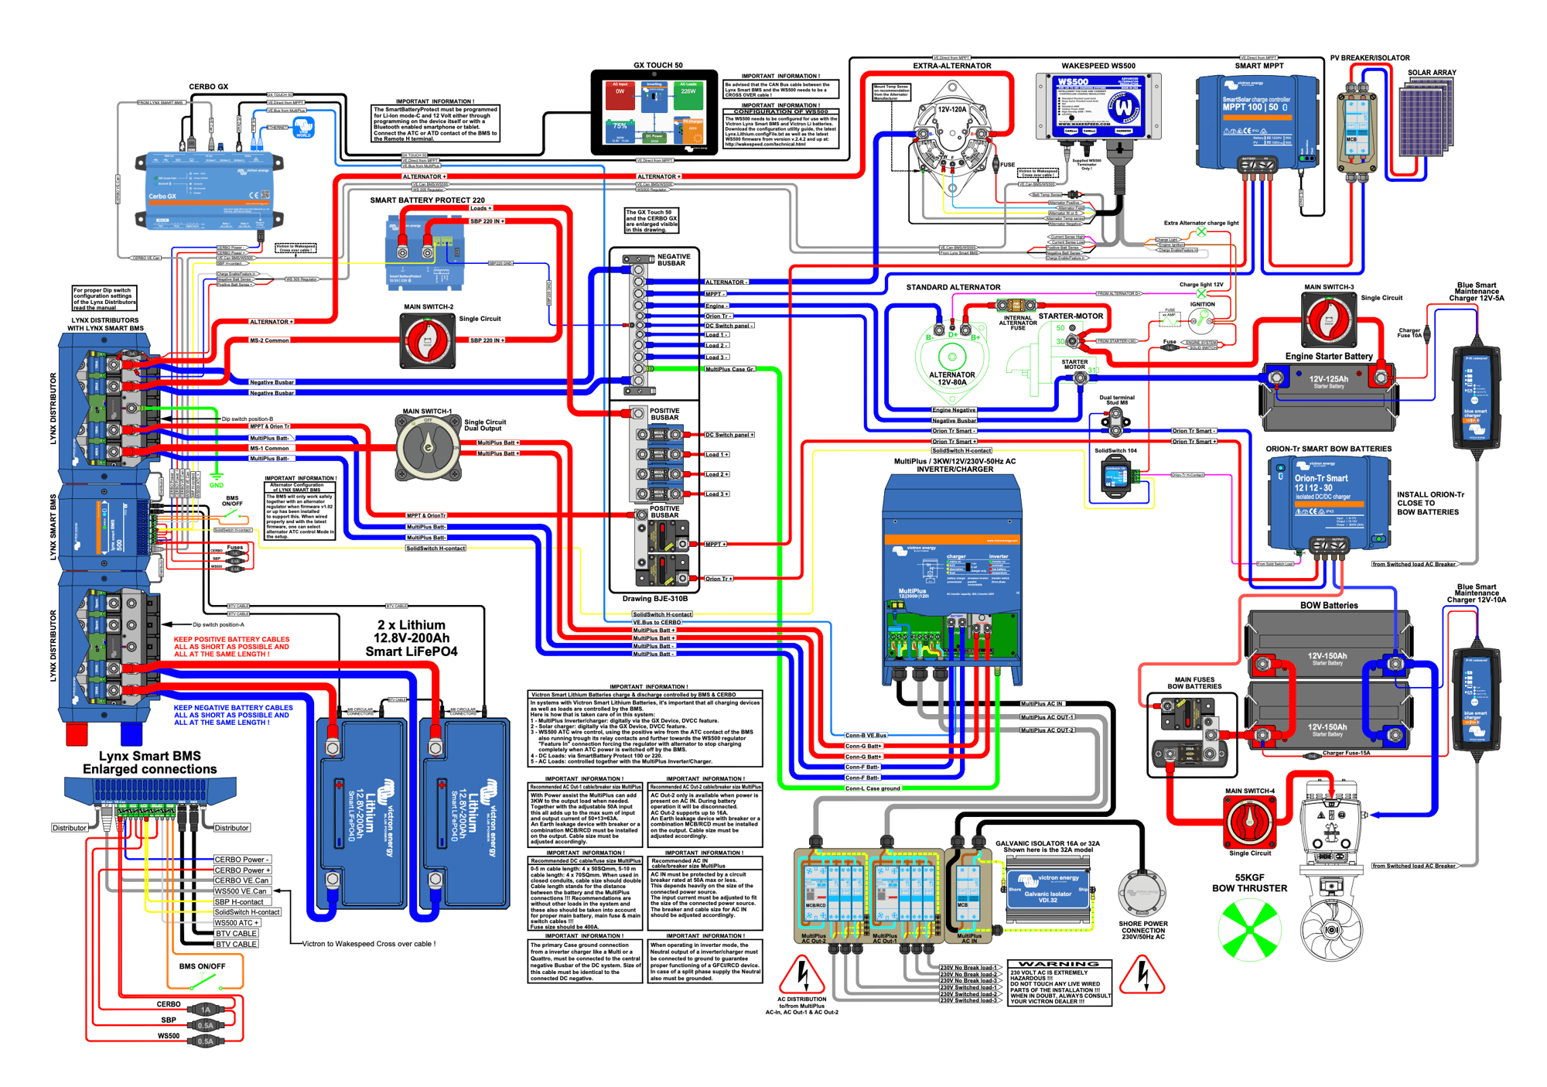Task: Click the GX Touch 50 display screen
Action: (x=654, y=112)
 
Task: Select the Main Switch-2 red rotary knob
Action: (x=427, y=340)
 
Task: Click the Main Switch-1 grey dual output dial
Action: (x=428, y=447)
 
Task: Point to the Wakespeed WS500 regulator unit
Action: (x=1097, y=107)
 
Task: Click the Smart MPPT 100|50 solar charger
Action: (x=1256, y=121)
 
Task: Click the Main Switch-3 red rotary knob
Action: (x=1329, y=320)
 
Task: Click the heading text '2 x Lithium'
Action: (x=411, y=625)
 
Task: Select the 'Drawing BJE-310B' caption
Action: (x=654, y=599)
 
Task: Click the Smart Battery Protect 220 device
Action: (x=425, y=252)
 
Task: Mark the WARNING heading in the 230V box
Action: (x=1059, y=964)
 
